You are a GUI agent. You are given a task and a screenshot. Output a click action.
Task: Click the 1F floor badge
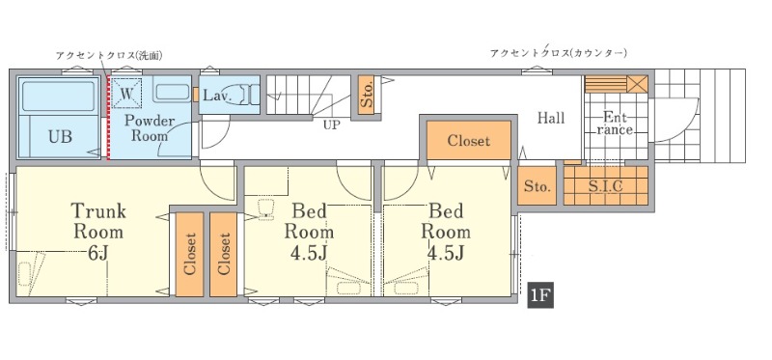(x=540, y=295)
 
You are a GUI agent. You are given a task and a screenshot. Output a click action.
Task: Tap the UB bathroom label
(x=60, y=137)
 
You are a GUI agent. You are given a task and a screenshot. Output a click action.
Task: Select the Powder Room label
(x=150, y=128)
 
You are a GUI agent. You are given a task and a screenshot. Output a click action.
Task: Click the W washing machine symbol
(x=126, y=92)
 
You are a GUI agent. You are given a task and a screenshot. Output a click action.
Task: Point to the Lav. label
(x=218, y=95)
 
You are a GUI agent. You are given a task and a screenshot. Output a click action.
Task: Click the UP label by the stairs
(x=331, y=125)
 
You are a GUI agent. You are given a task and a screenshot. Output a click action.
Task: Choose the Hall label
(x=550, y=118)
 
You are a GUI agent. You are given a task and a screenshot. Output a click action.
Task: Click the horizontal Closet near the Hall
(x=469, y=140)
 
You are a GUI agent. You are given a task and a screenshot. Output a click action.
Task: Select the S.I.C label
(x=606, y=185)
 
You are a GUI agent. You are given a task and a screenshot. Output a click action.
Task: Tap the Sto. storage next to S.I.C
(x=537, y=186)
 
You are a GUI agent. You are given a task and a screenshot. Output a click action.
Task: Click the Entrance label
(x=615, y=124)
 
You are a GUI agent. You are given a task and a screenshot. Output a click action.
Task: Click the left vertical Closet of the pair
(x=189, y=255)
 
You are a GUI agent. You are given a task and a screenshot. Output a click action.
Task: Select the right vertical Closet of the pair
(x=224, y=255)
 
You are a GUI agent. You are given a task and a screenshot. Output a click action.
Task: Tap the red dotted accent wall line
(x=108, y=117)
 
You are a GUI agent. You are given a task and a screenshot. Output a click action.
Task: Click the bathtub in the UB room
(x=59, y=97)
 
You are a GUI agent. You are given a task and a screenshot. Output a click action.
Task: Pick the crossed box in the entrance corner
(x=638, y=84)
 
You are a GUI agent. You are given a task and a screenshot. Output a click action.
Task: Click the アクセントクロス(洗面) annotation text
(x=109, y=55)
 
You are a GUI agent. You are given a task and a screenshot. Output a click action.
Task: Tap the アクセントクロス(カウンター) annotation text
(x=559, y=53)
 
